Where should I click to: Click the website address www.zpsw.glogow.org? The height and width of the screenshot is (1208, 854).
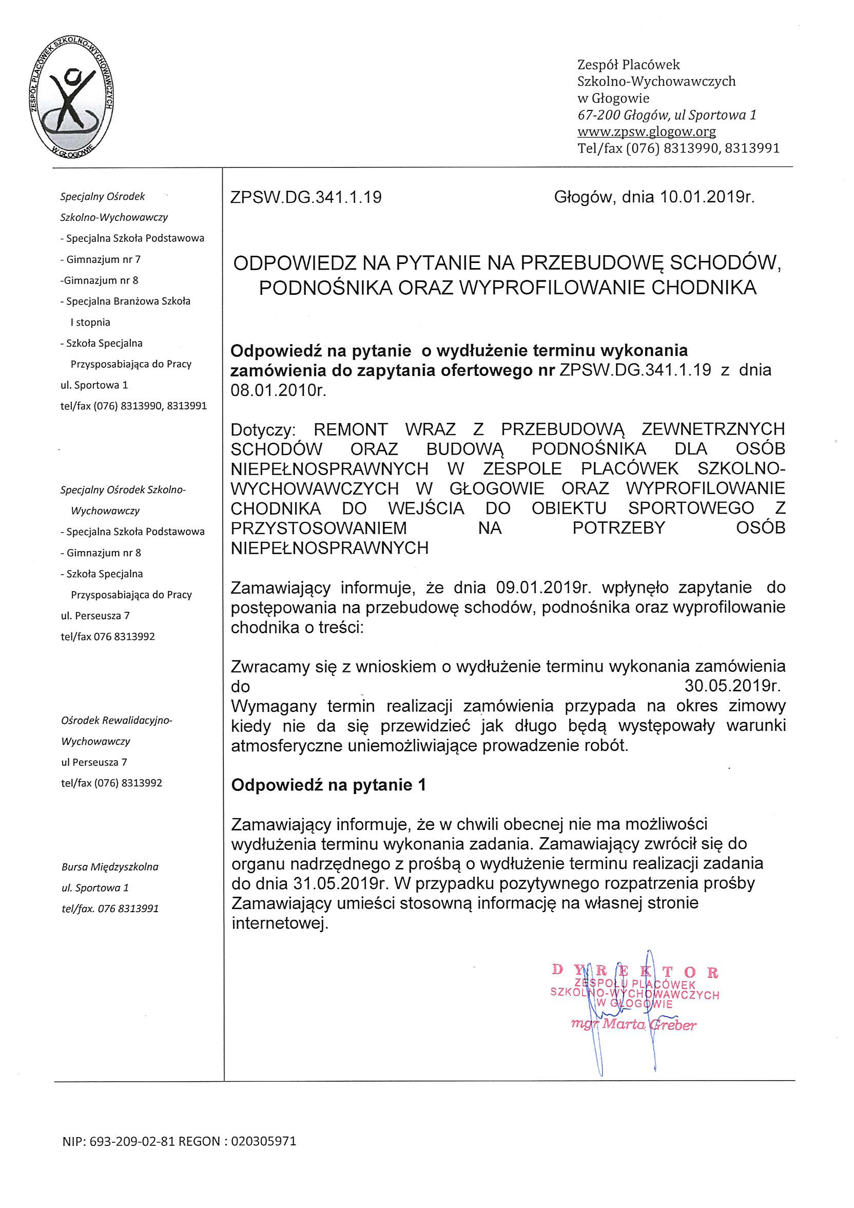click(646, 131)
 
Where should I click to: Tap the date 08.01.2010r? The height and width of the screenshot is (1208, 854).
click(279, 390)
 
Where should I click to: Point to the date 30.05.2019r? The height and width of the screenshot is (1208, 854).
click(732, 687)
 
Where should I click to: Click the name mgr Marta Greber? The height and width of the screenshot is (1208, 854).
click(634, 1024)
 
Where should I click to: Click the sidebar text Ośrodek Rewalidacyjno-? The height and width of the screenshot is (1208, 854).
click(117, 720)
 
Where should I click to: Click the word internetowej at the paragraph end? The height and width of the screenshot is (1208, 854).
click(279, 923)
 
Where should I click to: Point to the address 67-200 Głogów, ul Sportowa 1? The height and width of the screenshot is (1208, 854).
click(667, 115)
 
